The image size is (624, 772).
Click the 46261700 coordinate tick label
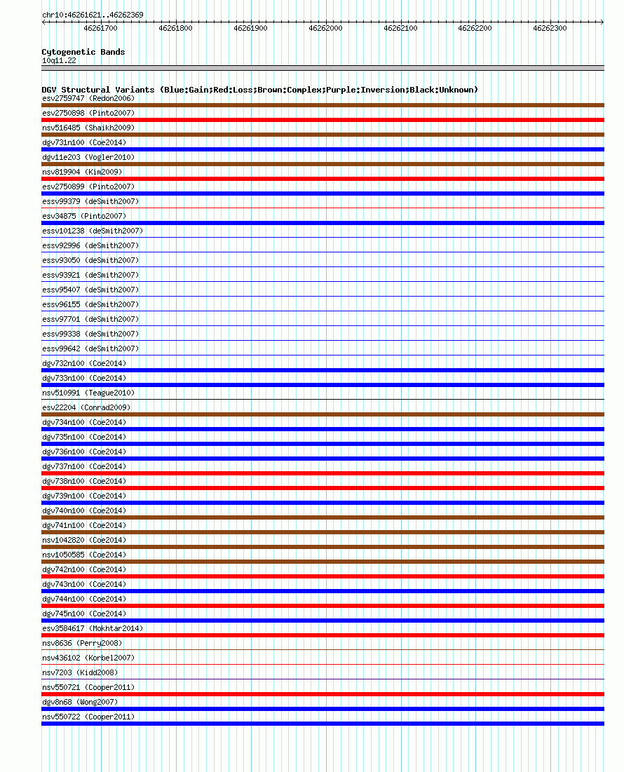[100, 28]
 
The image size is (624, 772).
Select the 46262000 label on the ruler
[325, 28]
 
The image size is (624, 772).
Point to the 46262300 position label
[550, 28]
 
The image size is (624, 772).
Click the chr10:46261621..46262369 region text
[83, 15]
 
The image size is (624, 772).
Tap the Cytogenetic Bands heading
[83, 52]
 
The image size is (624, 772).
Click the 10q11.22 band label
[59, 60]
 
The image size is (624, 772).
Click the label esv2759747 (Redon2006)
[88, 98]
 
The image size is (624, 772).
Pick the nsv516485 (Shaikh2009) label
[88, 128]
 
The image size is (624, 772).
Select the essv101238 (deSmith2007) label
[93, 231]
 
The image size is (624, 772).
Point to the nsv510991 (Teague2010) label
[88, 393]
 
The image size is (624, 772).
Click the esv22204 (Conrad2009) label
[86, 407]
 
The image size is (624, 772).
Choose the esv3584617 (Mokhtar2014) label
[93, 628]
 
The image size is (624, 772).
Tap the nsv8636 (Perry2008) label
[82, 643]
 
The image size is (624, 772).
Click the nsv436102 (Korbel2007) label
[88, 658]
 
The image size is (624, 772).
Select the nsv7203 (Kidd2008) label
[80, 672]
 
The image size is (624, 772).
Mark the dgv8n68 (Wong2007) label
[80, 702]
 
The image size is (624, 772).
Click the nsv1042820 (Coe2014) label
[84, 540]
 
